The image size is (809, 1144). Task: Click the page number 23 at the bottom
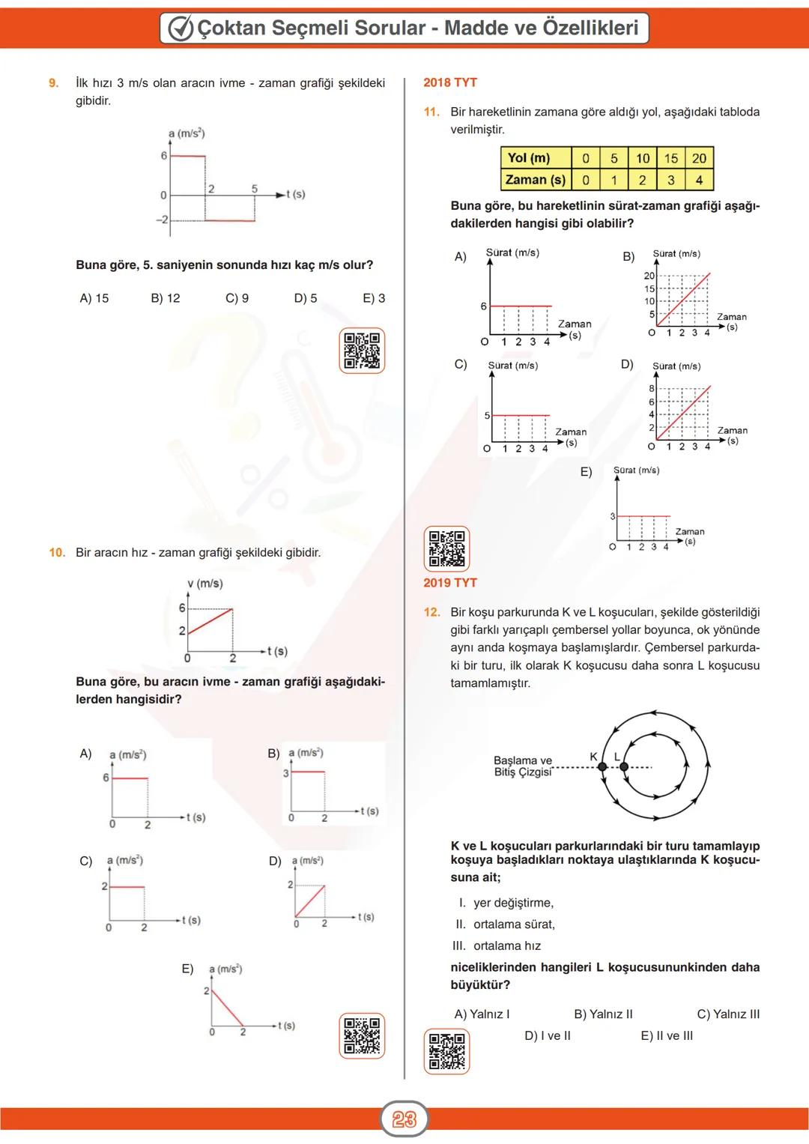[404, 1119]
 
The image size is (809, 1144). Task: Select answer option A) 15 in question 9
[94, 298]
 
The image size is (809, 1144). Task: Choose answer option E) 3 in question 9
[374, 298]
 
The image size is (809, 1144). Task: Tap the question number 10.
[57, 553]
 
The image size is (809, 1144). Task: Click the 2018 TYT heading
[450, 82]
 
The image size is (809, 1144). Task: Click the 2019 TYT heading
[450, 583]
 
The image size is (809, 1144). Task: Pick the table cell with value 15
[670, 158]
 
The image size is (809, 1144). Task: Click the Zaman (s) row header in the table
[536, 180]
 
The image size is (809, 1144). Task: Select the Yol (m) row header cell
[529, 158]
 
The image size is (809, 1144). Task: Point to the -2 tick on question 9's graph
[162, 220]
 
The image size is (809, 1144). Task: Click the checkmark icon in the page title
[181, 28]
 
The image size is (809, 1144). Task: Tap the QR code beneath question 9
[362, 351]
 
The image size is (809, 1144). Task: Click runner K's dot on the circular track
[603, 767]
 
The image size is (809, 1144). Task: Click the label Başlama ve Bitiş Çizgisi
[523, 766]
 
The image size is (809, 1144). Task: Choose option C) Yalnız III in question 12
[728, 1014]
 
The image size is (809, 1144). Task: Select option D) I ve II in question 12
[548, 1036]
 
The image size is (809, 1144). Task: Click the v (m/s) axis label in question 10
[204, 584]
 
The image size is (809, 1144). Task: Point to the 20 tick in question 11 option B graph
[649, 276]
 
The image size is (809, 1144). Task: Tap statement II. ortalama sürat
[506, 924]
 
